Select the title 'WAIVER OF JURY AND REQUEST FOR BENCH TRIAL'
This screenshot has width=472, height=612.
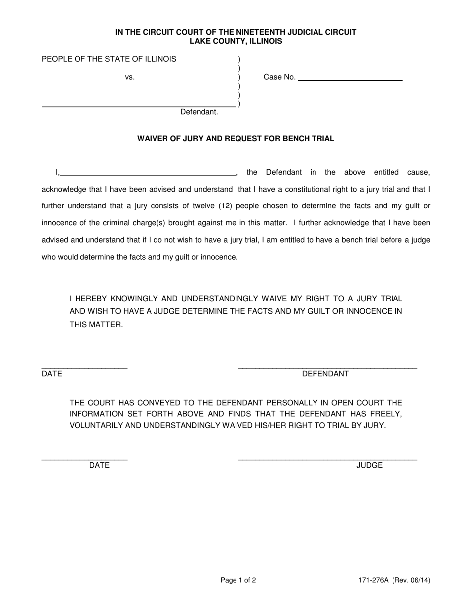236,139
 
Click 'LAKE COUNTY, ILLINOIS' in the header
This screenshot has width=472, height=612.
236,41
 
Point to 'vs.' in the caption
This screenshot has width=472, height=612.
130,77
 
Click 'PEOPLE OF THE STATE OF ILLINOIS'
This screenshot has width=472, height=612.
109,59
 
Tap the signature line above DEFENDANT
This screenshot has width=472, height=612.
327,367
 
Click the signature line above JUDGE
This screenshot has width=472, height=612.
327,459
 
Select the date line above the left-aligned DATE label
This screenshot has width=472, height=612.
84,367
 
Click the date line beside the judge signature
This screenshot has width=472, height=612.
84,459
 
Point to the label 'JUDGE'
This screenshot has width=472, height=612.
369,466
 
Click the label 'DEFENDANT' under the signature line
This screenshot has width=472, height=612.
325,374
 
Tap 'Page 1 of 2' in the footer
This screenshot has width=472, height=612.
238,580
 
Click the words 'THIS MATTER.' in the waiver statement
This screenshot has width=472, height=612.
96,325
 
